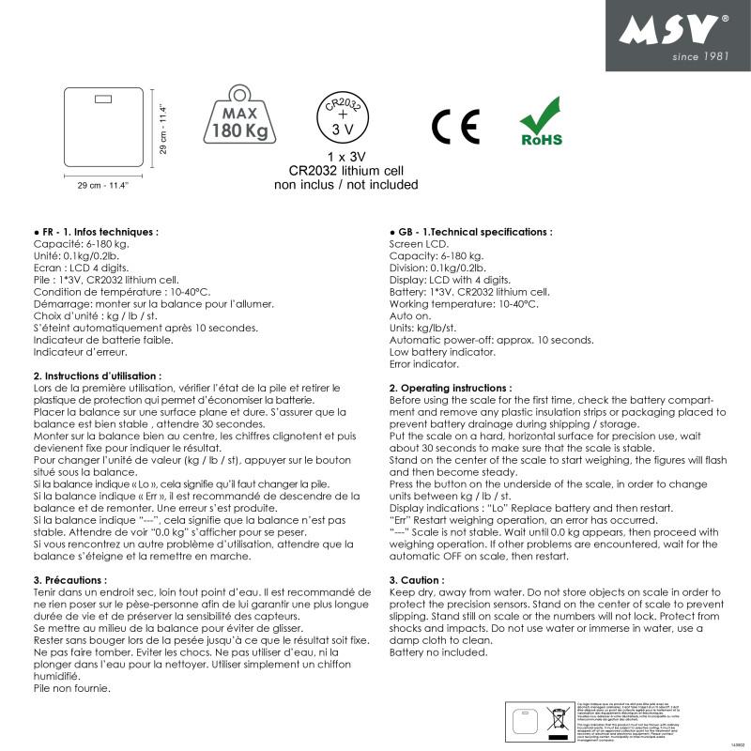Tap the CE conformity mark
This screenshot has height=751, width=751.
(x=455, y=126)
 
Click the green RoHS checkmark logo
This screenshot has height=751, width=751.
(x=541, y=126)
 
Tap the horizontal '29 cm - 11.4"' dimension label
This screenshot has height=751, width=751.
(x=102, y=185)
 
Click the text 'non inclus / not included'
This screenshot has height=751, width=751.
(x=345, y=185)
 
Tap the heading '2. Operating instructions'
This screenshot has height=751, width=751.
(x=451, y=388)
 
